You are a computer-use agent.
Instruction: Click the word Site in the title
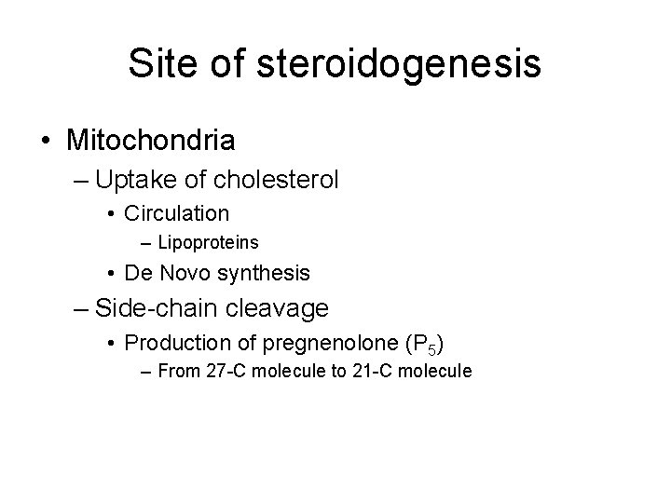(x=157, y=63)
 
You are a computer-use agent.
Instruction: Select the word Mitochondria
(x=151, y=141)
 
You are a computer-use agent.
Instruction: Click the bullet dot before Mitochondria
(x=47, y=142)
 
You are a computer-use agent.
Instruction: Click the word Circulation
(x=176, y=213)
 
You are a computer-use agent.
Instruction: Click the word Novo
(x=184, y=274)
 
